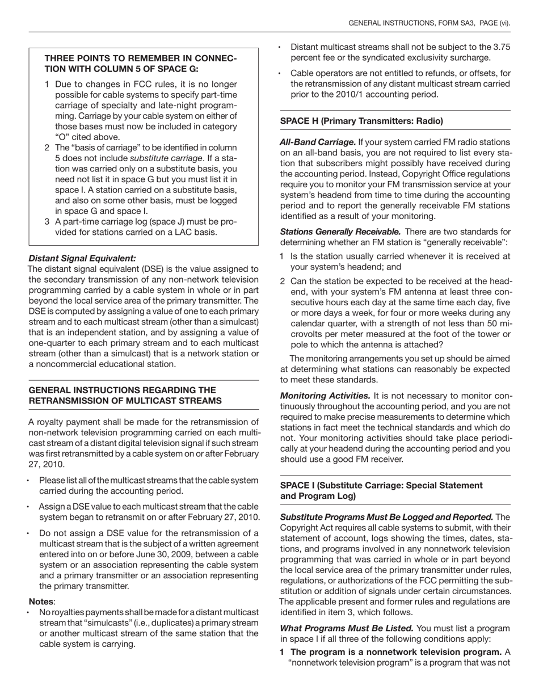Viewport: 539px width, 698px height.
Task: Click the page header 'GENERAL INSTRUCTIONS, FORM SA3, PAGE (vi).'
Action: tap(428, 23)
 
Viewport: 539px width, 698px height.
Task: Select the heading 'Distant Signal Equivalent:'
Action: tap(82, 258)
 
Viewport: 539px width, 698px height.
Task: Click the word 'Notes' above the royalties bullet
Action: tap(41, 602)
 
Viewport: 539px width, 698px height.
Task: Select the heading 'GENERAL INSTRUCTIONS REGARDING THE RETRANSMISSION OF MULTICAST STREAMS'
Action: tap(125, 396)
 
